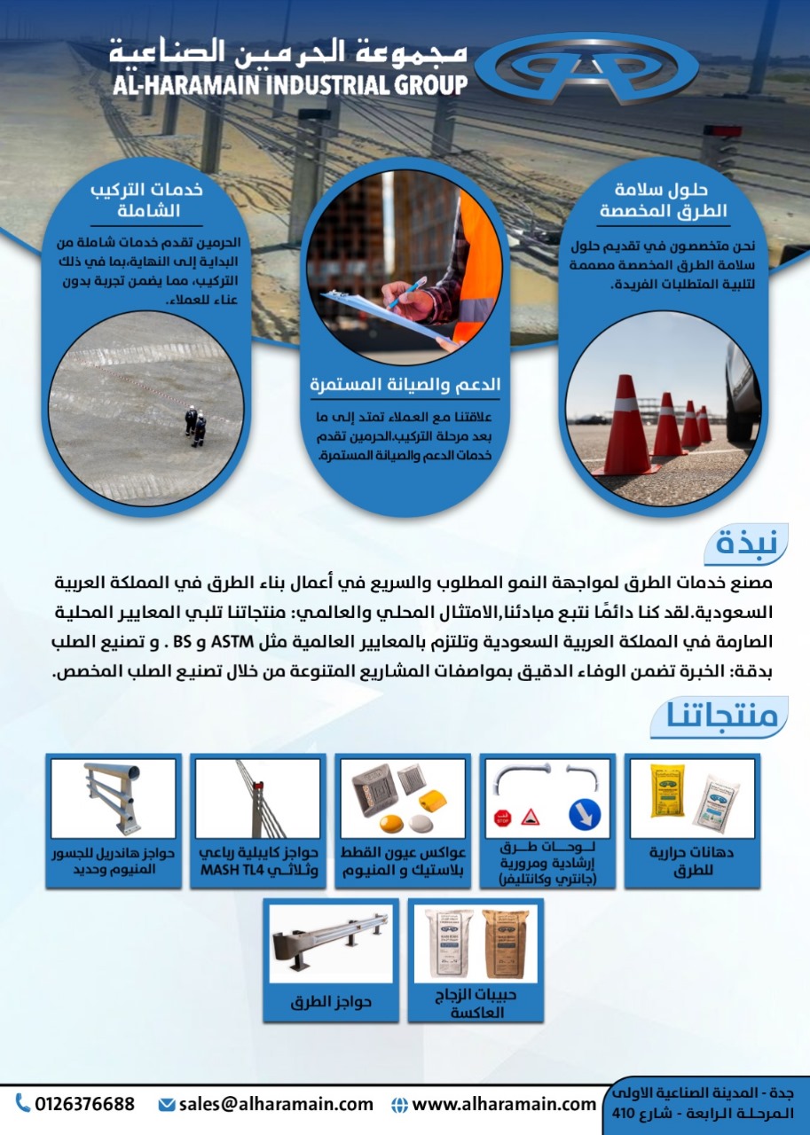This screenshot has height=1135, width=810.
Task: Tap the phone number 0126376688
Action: click(x=85, y=1104)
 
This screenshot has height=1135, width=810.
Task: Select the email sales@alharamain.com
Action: click(x=276, y=1104)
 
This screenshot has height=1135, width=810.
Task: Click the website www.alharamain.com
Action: click(x=504, y=1104)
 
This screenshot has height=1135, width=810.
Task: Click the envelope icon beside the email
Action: click(x=166, y=1105)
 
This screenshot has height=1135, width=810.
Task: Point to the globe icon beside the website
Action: click(x=399, y=1105)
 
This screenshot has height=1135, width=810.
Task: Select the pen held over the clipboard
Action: click(x=409, y=294)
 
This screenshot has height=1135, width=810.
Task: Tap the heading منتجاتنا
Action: click(x=720, y=716)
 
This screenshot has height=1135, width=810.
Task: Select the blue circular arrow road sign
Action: click(x=586, y=813)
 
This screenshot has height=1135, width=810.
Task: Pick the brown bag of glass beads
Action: click(x=507, y=943)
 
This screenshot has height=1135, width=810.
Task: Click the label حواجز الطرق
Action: click(x=332, y=1003)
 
